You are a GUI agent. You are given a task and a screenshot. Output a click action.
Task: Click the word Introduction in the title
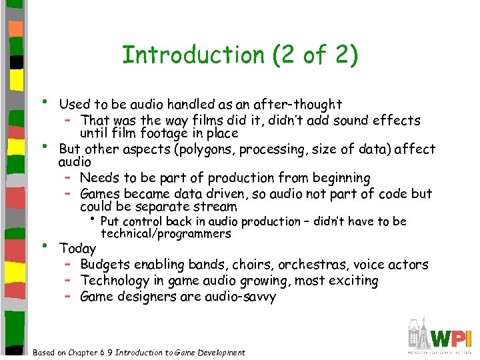point(193,55)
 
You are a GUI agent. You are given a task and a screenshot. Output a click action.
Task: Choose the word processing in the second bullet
point(278,149)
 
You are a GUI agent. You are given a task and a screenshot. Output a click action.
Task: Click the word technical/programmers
point(166,233)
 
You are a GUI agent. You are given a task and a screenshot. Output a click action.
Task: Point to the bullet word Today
point(77,249)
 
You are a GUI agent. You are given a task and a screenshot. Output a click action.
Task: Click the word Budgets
point(105,265)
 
